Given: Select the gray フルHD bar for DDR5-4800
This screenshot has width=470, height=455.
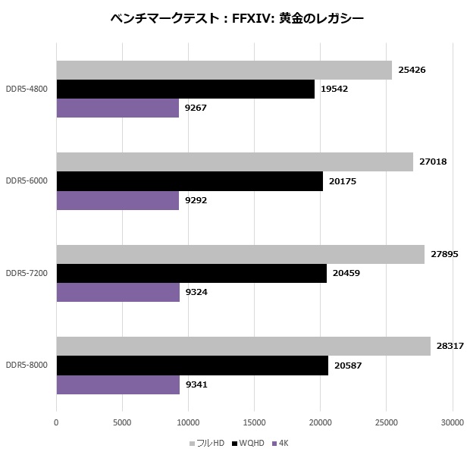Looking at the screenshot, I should [x=224, y=71].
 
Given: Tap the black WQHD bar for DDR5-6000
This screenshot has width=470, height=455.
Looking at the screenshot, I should [x=190, y=181].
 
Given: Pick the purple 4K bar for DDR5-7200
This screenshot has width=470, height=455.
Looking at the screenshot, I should [x=117, y=292].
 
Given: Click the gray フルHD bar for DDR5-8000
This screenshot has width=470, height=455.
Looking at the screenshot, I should [x=243, y=347].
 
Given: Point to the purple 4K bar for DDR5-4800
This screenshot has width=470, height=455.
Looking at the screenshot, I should [x=117, y=108].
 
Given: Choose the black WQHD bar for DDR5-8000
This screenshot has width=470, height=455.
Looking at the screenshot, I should [x=192, y=366].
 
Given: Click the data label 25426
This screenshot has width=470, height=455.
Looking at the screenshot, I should [x=414, y=71].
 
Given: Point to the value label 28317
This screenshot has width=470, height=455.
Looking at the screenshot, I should [x=452, y=347].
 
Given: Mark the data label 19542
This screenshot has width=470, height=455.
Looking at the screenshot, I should [x=336, y=89].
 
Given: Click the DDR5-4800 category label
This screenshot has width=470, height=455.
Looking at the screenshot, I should [x=27, y=89].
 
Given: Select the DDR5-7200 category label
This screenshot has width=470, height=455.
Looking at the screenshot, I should [x=27, y=273].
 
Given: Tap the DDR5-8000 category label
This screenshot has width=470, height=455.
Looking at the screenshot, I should [x=27, y=366].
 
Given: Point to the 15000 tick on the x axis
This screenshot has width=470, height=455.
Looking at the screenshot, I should [x=254, y=422].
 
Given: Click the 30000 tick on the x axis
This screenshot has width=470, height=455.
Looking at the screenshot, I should [x=453, y=422].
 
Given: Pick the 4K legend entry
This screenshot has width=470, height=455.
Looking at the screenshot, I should [x=282, y=443].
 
